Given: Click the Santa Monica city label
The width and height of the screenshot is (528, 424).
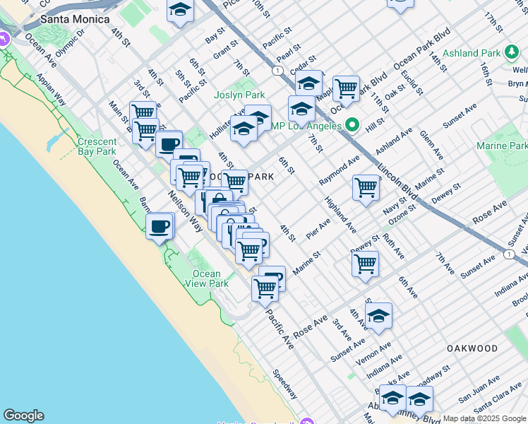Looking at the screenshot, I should click(x=75, y=19).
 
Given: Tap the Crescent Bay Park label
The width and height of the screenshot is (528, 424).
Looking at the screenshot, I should click(x=97, y=146).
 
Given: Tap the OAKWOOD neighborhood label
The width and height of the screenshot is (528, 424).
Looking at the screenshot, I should click(x=472, y=348).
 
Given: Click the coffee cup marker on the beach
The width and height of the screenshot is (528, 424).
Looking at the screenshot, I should click(x=160, y=227).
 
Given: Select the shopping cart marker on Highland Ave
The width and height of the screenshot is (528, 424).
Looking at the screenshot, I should click(x=366, y=188).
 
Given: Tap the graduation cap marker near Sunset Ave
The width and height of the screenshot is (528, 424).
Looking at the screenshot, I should click(x=378, y=317).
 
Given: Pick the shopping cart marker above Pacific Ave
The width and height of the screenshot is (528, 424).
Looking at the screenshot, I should click(x=264, y=288).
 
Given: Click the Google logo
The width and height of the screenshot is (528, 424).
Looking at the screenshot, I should click(x=23, y=416).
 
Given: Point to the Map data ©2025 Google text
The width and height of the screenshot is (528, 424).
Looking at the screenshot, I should click(x=484, y=418).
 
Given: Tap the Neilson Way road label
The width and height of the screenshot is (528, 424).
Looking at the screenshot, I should click(x=185, y=211).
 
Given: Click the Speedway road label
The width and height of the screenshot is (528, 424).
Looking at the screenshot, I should click(x=286, y=384).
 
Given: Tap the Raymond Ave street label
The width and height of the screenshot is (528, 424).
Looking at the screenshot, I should click(x=339, y=172).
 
